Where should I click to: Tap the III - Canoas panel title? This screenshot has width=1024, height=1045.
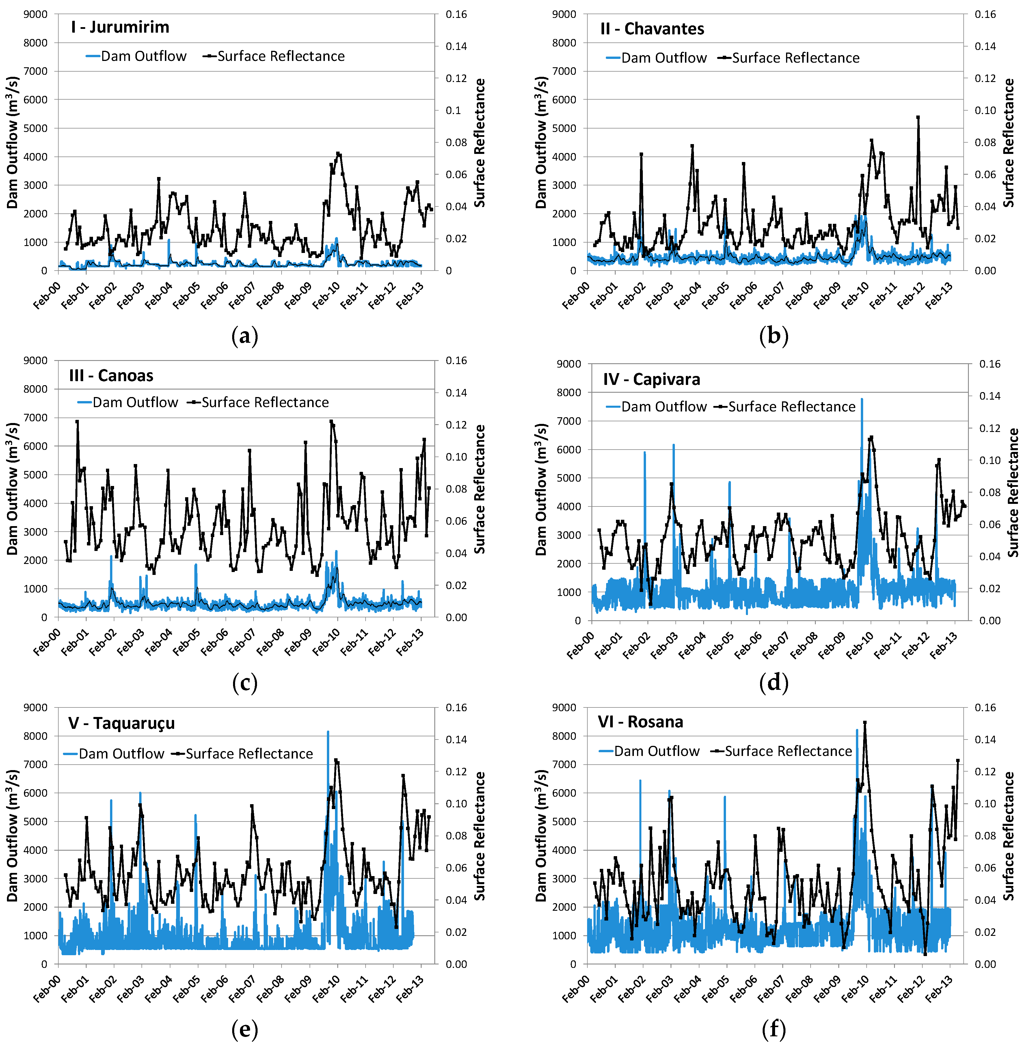click(111, 375)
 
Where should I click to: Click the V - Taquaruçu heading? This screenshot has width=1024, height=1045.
click(122, 723)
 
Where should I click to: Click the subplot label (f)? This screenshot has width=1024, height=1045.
click(773, 1029)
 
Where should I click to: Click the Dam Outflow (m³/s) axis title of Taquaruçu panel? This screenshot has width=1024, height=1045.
click(13, 835)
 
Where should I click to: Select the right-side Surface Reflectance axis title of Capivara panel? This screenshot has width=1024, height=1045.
click(1013, 492)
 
